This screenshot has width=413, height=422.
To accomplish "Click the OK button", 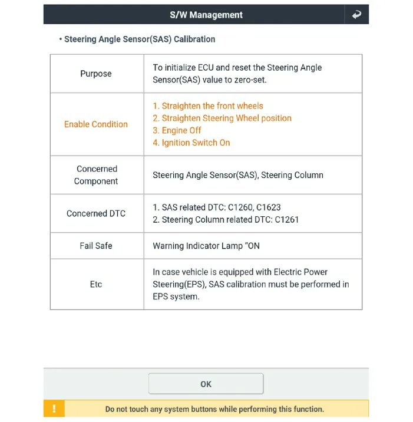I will click(206, 384).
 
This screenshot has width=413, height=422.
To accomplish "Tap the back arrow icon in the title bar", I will click(356, 15).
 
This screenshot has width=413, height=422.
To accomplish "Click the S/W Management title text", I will click(206, 15).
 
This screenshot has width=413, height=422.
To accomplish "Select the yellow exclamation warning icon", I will click(54, 408).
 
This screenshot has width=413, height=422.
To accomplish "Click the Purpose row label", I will click(96, 74).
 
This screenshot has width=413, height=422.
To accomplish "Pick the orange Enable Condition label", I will click(96, 124).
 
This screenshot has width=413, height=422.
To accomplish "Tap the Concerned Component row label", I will click(96, 175).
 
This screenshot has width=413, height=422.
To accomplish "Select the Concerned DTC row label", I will click(96, 213).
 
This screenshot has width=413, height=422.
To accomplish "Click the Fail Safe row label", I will click(96, 246).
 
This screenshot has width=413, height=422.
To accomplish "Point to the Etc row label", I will click(96, 284).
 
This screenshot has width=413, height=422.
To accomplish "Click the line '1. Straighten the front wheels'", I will click(208, 106).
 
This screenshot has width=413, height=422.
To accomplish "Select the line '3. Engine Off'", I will click(177, 130).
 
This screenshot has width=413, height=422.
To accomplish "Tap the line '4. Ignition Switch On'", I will click(191, 143).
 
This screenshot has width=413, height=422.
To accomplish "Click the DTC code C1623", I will click(268, 207).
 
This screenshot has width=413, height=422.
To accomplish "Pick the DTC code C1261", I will click(286, 220).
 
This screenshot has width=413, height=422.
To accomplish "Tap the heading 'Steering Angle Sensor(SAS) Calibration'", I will click(140, 39).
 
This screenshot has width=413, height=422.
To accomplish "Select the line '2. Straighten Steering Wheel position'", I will click(222, 118).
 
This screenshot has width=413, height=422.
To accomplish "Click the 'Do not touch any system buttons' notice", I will click(214, 408).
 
